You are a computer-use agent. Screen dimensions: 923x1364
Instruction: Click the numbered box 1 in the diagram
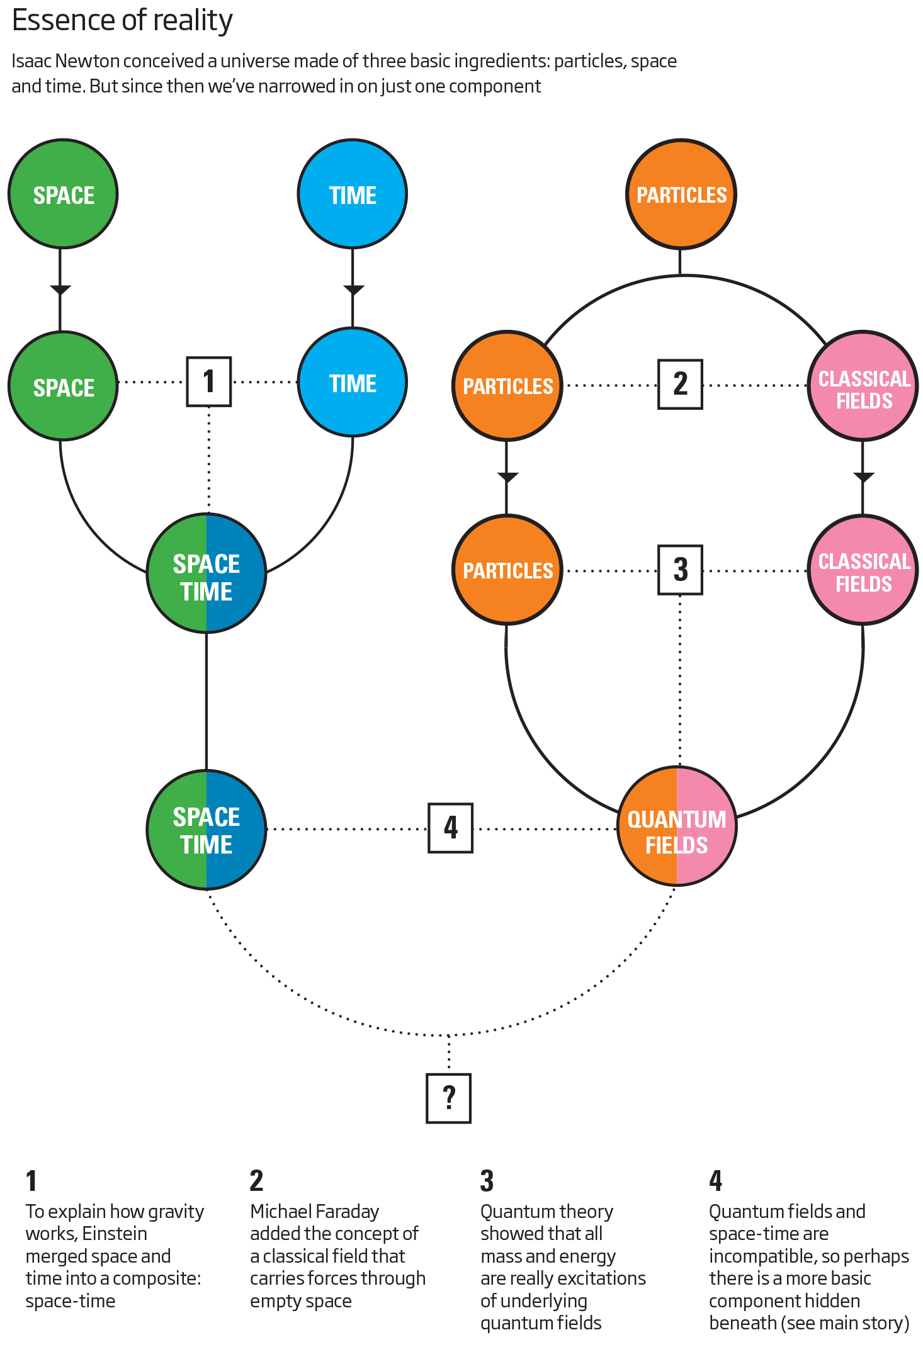pyautogui.click(x=209, y=381)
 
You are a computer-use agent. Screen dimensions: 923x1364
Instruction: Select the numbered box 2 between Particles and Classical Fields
pyautogui.click(x=680, y=384)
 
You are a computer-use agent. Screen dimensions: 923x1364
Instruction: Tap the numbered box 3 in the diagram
pyautogui.click(x=680, y=570)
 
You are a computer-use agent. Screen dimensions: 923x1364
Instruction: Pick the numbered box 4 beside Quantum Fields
pyautogui.click(x=450, y=828)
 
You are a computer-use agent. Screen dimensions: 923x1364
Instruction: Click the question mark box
pyautogui.click(x=448, y=1098)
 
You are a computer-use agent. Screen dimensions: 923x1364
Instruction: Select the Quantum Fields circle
pyautogui.click(x=677, y=826)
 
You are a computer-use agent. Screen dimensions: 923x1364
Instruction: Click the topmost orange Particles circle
pyautogui.click(x=681, y=194)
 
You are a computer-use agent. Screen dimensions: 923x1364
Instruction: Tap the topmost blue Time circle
pyautogui.click(x=353, y=194)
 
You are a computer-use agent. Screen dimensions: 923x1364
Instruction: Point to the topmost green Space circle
pyautogui.click(x=63, y=194)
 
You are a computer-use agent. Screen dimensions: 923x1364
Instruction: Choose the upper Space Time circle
pyautogui.click(x=207, y=573)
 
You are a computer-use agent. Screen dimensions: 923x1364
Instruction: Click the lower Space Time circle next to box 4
pyautogui.click(x=207, y=830)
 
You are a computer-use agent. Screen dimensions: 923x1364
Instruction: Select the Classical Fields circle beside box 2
pyautogui.click(x=863, y=385)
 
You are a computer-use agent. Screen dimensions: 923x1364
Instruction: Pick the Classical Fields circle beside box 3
pyautogui.click(x=863, y=570)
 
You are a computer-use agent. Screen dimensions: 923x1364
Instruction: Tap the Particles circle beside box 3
pyautogui.click(x=507, y=570)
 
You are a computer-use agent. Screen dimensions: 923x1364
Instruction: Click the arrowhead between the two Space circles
pyautogui.click(x=60, y=290)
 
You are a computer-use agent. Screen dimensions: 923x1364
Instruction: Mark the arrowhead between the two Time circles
pyautogui.click(x=353, y=290)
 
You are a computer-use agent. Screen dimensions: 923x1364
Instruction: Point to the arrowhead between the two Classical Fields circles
pyautogui.click(x=863, y=477)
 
